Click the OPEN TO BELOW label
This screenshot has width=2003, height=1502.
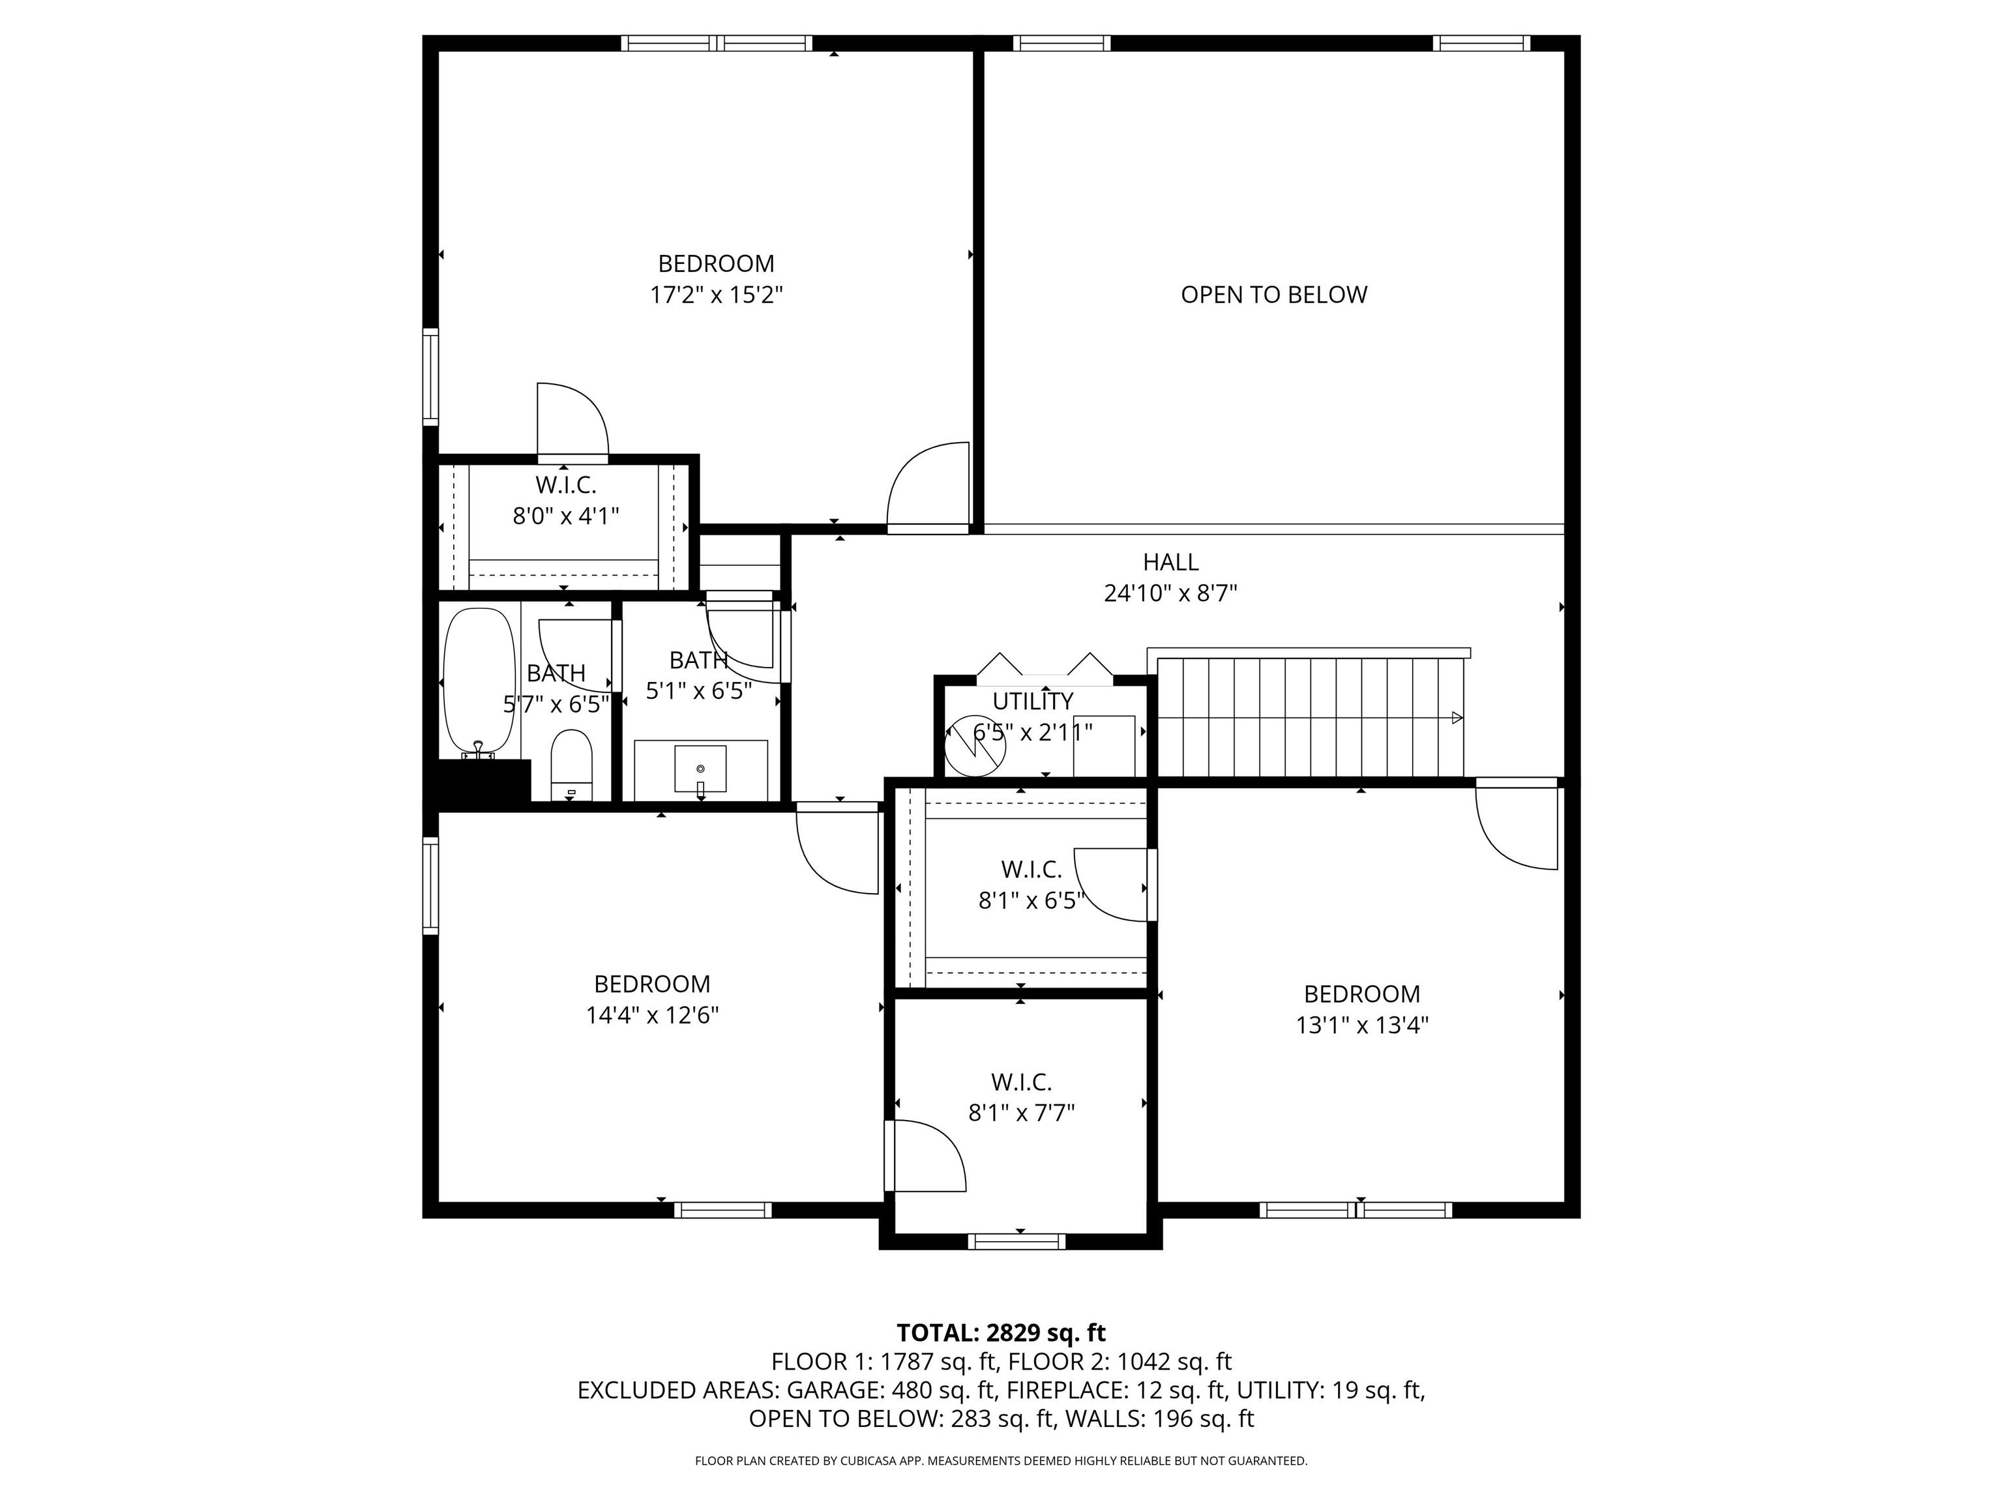click(1273, 295)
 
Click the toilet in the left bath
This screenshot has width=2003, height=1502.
click(571, 765)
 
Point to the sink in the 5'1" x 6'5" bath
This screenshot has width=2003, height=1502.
click(700, 769)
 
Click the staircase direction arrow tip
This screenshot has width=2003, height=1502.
click(1457, 718)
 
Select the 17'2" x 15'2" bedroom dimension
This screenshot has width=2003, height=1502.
click(715, 295)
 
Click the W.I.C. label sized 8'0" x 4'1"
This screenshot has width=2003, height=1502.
click(565, 485)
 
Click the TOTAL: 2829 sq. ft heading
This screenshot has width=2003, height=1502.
click(1001, 1333)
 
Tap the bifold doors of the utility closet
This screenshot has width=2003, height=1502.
click(1044, 666)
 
